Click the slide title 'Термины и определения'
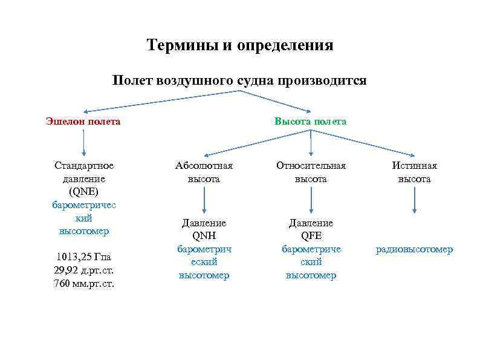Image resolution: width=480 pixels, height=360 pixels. [240, 45]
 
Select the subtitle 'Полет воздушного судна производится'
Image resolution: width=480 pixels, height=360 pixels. [239, 80]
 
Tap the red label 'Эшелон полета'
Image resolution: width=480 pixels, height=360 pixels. [83, 121]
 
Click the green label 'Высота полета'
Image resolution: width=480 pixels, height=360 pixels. [311, 121]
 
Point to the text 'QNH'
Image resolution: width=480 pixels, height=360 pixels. [204, 236]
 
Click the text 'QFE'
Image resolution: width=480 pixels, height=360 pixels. [311, 236]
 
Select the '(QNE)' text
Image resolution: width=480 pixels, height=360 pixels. [83, 192]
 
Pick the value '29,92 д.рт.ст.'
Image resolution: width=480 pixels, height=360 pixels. [83, 270]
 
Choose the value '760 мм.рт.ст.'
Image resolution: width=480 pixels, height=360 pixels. [83, 283]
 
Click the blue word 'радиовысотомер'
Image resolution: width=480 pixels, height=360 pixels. [414, 249]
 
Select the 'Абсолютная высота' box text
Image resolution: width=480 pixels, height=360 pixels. [204, 172]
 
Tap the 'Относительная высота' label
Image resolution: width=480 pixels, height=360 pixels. [311, 172]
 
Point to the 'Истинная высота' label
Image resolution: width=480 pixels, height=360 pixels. [414, 172]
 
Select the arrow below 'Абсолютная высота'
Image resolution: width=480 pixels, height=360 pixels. [204, 199]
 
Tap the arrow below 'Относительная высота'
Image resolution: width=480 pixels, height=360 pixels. [311, 199]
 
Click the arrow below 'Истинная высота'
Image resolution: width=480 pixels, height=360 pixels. [414, 199]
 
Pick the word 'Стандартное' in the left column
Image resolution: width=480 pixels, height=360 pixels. [83, 165]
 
